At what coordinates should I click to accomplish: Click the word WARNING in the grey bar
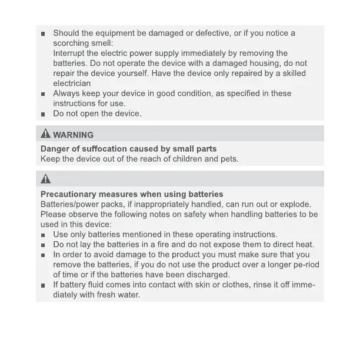(73, 135)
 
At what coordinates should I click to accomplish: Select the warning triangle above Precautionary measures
(45, 179)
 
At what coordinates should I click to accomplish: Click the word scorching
(72, 43)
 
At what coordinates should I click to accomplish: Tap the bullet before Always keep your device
(44, 94)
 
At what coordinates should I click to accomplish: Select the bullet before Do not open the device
(44, 114)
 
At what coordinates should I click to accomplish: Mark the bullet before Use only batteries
(44, 235)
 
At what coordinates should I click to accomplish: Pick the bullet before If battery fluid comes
(44, 285)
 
